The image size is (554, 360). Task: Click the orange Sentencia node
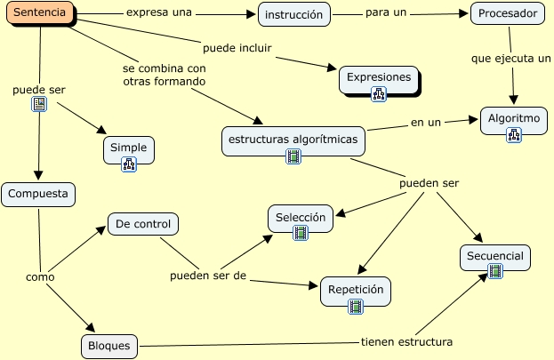click(x=39, y=13)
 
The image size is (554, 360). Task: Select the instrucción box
click(x=294, y=14)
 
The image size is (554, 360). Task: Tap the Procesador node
click(x=505, y=14)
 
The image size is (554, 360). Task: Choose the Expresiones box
click(x=379, y=76)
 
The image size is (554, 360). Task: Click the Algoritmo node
click(x=514, y=118)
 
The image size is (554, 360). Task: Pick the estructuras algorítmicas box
click(x=293, y=140)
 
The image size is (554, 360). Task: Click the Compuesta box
click(x=37, y=194)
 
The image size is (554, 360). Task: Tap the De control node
click(x=143, y=224)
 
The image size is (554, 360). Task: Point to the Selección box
click(x=301, y=217)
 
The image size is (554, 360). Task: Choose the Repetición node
click(x=355, y=290)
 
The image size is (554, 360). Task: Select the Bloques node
click(x=109, y=345)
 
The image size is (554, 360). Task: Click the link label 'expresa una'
click(x=159, y=13)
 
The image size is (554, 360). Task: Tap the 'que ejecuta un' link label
click(x=510, y=59)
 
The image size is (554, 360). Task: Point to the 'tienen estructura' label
click(x=406, y=341)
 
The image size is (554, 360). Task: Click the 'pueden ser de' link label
click(x=208, y=275)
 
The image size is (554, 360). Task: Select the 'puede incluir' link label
click(x=237, y=47)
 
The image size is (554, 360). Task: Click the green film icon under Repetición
click(x=356, y=307)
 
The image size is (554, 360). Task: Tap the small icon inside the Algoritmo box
click(x=514, y=135)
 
